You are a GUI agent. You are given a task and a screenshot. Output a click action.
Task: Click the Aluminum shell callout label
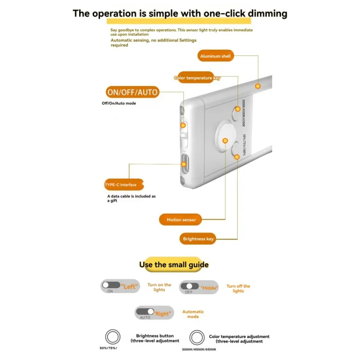[x=216, y=56]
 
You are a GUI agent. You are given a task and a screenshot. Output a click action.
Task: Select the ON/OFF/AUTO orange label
[x=132, y=93]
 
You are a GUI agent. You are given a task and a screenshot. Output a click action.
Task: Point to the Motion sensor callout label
[x=181, y=220]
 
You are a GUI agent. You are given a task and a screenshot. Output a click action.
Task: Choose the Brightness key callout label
[x=198, y=239]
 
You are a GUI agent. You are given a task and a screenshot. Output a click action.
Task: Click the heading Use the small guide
[x=174, y=265]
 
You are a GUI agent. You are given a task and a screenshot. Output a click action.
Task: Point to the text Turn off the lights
[x=238, y=288]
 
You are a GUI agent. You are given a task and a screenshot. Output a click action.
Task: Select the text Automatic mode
[x=193, y=314]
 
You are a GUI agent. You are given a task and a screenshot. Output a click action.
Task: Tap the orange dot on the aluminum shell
[x=258, y=85]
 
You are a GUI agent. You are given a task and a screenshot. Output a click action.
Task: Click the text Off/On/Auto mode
[x=119, y=103]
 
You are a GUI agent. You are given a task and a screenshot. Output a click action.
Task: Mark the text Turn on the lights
[x=159, y=287]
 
